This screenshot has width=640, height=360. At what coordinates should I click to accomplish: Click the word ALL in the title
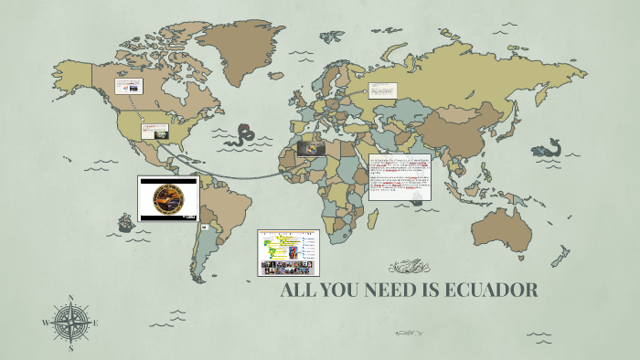click(300, 291)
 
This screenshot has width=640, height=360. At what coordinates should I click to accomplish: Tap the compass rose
click(71, 323)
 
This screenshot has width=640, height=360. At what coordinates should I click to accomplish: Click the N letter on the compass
click(71, 298)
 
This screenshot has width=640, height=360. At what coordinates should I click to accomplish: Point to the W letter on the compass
click(47, 323)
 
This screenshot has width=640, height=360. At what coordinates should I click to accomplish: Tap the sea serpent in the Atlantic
click(242, 137)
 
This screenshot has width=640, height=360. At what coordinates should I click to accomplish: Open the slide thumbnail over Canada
click(128, 86)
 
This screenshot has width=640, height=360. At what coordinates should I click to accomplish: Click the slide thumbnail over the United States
click(155, 131)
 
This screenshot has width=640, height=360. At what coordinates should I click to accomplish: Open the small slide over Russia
click(383, 90)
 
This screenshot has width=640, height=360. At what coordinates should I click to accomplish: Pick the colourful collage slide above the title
click(288, 253)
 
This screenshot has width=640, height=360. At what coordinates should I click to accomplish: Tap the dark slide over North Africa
click(315, 147)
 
